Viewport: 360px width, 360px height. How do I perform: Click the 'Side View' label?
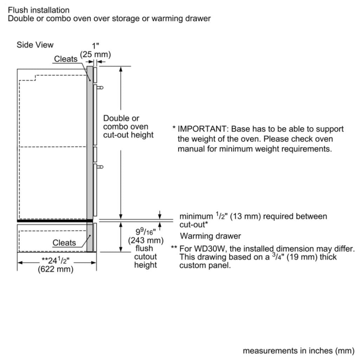(35, 45)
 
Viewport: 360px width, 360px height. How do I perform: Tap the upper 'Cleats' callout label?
(66, 59)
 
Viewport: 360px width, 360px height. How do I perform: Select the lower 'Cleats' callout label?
(64, 243)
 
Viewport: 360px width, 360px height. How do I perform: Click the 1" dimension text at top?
(95, 45)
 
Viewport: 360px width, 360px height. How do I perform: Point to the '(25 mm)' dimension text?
(95, 55)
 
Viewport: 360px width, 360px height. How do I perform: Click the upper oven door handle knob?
(101, 87)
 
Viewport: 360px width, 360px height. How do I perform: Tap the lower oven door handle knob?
(101, 167)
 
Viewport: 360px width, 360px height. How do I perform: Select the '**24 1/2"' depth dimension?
(55, 260)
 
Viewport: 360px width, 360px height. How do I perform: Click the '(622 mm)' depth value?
(55, 269)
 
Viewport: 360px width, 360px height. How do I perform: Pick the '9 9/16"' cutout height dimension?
(145, 231)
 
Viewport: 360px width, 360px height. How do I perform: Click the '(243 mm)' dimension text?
(146, 240)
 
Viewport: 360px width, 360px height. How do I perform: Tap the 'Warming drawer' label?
(210, 236)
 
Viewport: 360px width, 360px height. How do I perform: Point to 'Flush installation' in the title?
(39, 10)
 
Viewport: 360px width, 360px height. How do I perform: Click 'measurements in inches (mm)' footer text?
(299, 351)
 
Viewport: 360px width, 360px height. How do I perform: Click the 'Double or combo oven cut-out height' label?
(128, 126)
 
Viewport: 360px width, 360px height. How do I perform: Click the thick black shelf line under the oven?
(55, 221)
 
